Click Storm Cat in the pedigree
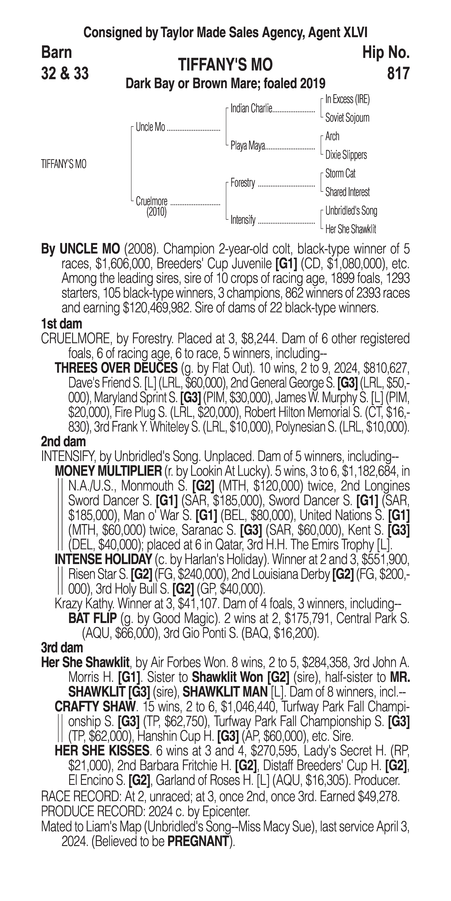pyautogui.click(x=340, y=174)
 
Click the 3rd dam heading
pyautogui.click(x=62, y=647)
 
